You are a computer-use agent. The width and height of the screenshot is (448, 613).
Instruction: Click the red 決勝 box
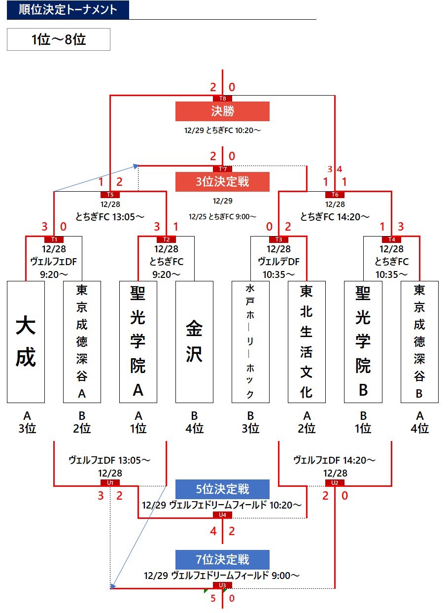(x=222, y=111)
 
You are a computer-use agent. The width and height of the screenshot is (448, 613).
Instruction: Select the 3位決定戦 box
(x=222, y=182)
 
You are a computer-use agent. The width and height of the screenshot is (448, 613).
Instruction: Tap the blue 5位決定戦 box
(x=222, y=489)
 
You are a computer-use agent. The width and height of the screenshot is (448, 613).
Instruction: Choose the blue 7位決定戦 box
(x=222, y=559)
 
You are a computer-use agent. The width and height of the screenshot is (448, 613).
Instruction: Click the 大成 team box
(x=26, y=342)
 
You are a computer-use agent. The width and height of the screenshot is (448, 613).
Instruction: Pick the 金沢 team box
(x=194, y=342)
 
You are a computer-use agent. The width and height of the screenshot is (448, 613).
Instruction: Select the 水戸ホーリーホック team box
(x=250, y=342)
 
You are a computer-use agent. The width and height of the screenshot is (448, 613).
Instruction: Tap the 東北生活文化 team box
(x=307, y=342)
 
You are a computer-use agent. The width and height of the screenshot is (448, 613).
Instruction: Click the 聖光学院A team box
(x=138, y=342)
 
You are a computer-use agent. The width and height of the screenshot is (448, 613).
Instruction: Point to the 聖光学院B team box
(x=363, y=342)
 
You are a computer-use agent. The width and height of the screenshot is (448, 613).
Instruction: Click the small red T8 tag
(x=223, y=99)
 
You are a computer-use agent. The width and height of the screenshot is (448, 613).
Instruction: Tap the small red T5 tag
(x=110, y=194)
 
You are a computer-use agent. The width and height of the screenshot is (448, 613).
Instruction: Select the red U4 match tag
(x=222, y=515)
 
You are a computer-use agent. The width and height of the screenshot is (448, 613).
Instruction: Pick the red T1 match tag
(x=54, y=239)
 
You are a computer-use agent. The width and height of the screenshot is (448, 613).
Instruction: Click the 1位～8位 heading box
(x=59, y=39)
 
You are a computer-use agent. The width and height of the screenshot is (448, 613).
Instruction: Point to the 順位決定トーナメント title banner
(x=68, y=10)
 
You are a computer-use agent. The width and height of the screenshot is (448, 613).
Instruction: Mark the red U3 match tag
(x=222, y=585)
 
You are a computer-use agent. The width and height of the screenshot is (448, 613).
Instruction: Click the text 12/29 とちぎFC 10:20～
(x=222, y=131)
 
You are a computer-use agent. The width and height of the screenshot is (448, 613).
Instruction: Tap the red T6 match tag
(x=335, y=194)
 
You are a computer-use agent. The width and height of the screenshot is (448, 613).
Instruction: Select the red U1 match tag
(x=110, y=482)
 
